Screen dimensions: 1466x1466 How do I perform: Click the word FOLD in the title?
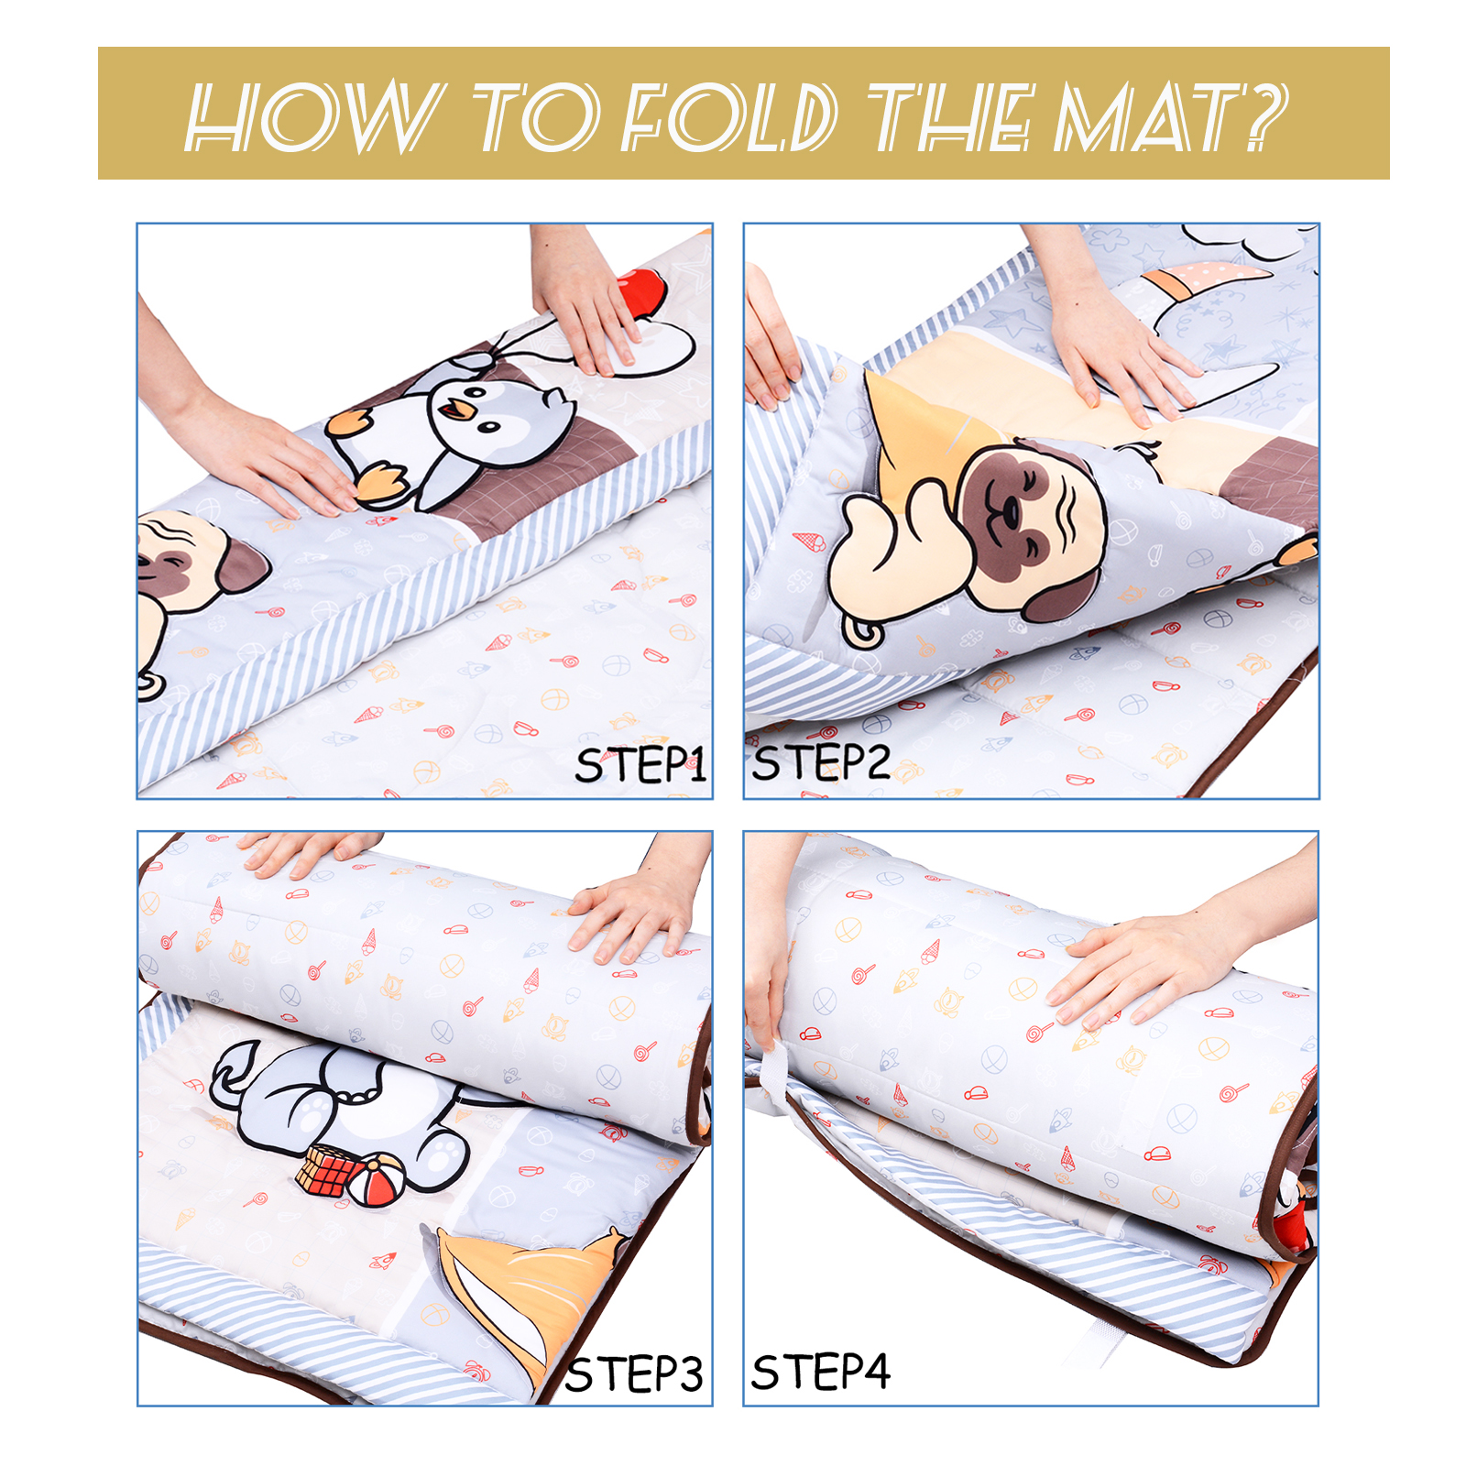coord(728,116)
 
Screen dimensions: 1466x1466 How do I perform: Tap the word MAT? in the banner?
coord(1171,116)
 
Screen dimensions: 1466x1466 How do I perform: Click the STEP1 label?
coord(641,765)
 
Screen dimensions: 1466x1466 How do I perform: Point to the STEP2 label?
coord(821,762)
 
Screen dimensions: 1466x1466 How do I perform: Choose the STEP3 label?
coord(634,1374)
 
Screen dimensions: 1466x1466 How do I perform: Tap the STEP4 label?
coord(821,1372)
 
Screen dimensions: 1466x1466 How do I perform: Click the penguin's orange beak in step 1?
coord(456,410)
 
